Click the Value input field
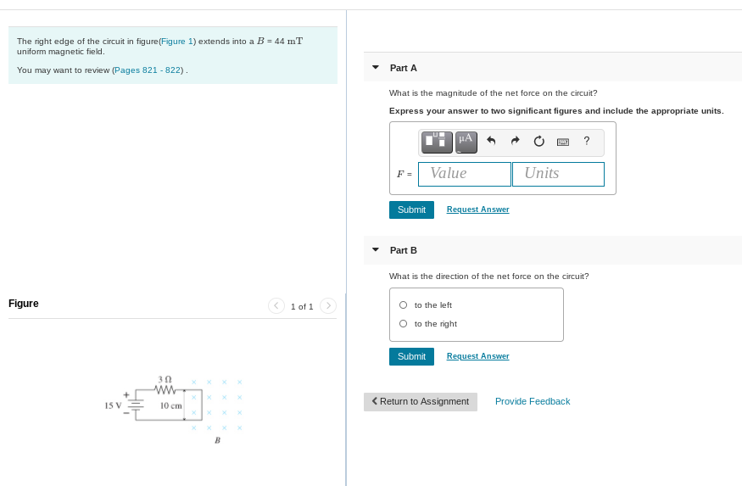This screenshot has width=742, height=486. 465,174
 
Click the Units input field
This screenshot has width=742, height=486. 558,174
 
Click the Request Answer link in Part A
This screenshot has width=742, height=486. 477,209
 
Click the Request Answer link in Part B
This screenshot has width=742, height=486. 477,356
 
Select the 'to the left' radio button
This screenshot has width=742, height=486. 404,305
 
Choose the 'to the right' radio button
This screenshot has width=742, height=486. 404,324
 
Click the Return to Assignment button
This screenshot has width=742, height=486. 421,401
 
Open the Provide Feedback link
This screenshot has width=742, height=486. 533,401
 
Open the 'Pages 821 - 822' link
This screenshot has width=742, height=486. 148,70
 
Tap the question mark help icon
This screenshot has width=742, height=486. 587,141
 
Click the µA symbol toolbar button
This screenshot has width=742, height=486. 466,141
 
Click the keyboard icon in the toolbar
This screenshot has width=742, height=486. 562,141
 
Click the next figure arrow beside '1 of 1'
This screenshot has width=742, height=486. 329,305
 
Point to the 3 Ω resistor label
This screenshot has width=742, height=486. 165,379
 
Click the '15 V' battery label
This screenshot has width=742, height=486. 113,405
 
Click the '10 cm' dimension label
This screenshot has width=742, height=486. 171,405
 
